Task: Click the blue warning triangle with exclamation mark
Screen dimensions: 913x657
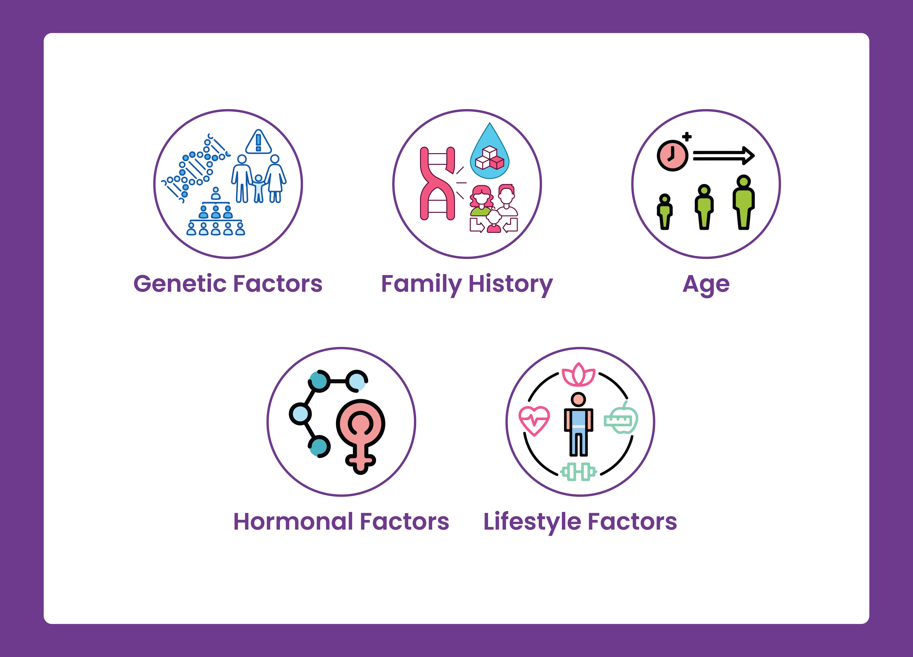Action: pyautogui.click(x=258, y=142)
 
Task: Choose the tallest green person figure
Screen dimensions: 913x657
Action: pyautogui.click(x=744, y=202)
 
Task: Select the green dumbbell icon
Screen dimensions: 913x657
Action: pyautogui.click(x=578, y=472)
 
